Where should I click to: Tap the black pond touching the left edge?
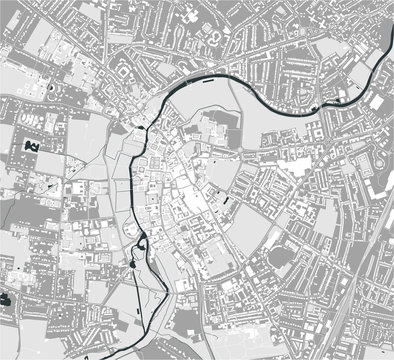[4, 297]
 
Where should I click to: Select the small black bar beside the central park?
[227, 200]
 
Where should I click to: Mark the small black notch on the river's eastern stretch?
[317, 107]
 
